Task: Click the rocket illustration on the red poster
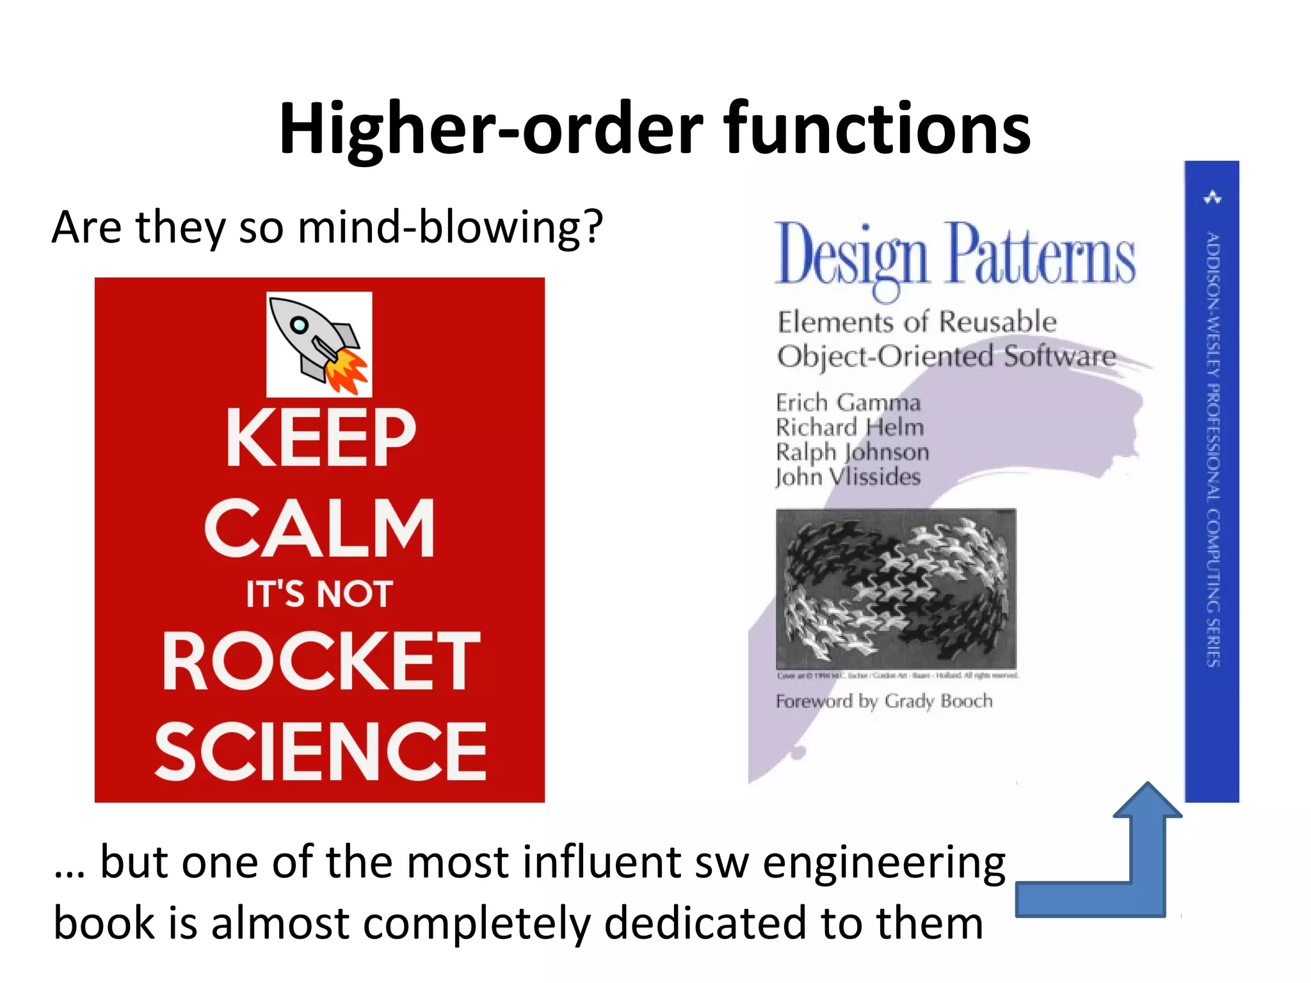[x=319, y=344]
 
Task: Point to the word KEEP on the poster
[x=321, y=438]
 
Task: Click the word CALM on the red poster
[x=320, y=529]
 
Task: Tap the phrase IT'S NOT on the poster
[x=319, y=594]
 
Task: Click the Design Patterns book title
[x=954, y=256]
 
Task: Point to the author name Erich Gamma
[x=848, y=403]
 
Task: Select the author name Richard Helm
[x=849, y=427]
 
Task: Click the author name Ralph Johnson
[x=852, y=452]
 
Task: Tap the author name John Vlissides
[x=848, y=477]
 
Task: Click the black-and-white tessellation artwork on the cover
[x=896, y=589]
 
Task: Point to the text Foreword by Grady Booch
[x=883, y=701]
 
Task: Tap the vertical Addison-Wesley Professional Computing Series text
[x=1212, y=448]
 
